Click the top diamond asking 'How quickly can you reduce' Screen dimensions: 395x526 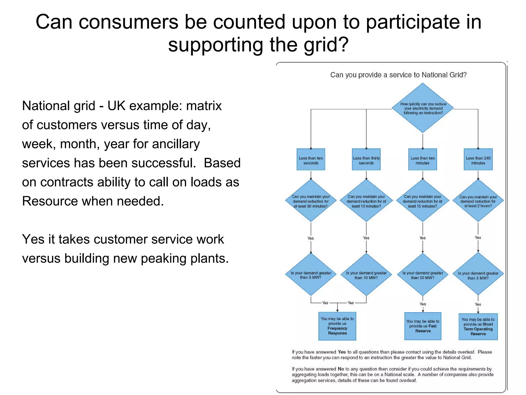[423, 108]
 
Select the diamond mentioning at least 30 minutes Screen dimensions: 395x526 [311, 201]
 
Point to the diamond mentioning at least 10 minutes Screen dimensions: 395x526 [366, 201]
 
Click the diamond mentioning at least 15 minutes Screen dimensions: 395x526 [422, 201]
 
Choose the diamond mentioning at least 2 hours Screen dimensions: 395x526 [478, 201]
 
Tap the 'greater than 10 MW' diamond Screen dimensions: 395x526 [366, 275]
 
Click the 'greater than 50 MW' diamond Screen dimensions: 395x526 [422, 275]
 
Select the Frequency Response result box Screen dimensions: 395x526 [337, 326]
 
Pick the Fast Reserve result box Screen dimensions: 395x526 [423, 326]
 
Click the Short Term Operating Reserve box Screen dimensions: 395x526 [478, 327]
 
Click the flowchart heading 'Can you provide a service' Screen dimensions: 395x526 [398, 75]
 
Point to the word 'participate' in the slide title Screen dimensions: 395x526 [412, 22]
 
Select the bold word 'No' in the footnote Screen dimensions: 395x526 [341, 369]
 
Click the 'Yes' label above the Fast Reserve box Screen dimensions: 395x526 [423, 304]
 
